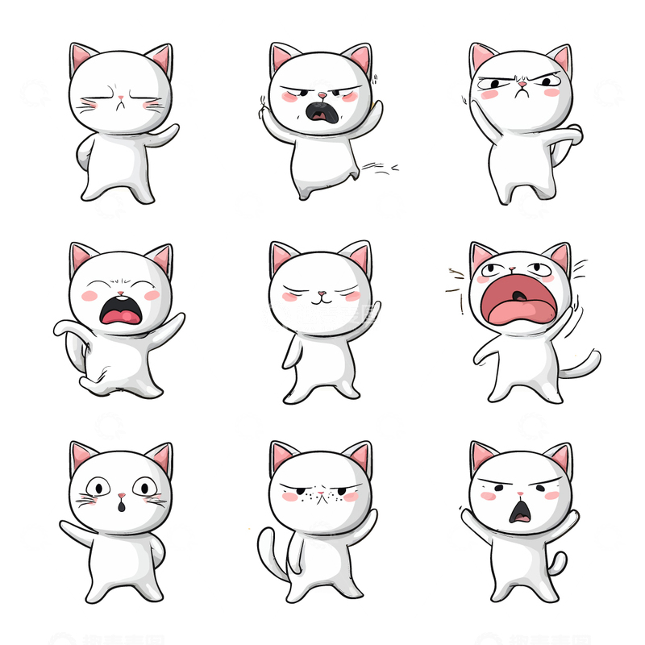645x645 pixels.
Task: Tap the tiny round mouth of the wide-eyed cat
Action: pyautogui.click(x=121, y=506)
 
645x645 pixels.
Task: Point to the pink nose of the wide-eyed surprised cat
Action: pyautogui.click(x=121, y=494)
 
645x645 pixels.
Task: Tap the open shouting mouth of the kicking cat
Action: pyautogui.click(x=322, y=112)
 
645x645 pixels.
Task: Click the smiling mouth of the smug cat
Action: pyautogui.click(x=321, y=299)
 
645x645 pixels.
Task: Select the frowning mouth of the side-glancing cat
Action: pyautogui.click(x=521, y=94)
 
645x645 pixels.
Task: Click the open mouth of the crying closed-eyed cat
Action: pyautogui.click(x=120, y=310)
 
